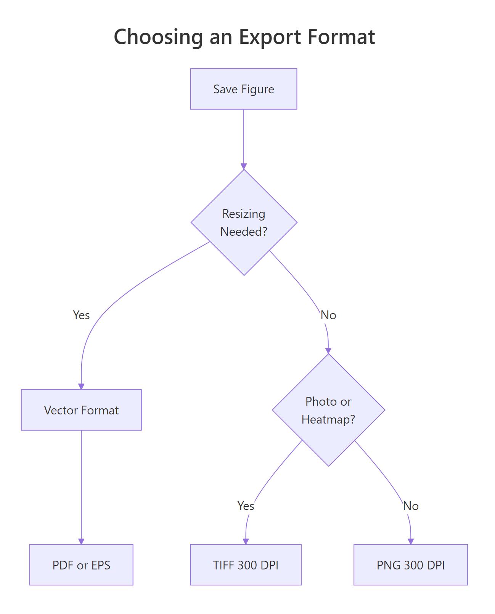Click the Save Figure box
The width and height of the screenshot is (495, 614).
244,89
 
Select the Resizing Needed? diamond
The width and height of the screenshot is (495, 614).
244,222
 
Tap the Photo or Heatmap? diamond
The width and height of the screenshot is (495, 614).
328,410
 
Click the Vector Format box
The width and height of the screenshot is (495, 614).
81,410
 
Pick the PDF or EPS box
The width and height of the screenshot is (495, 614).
81,565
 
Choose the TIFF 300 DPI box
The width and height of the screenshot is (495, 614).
246,565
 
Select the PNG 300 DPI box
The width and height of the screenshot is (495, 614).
411,565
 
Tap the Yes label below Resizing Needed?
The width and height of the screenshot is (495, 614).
81,315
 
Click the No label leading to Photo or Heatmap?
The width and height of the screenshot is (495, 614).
328,315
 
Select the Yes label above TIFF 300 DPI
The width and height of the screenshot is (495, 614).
246,506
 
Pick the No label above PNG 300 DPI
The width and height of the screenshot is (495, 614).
411,506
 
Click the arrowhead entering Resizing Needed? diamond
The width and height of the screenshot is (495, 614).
244,166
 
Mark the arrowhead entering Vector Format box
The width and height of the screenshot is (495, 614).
81,386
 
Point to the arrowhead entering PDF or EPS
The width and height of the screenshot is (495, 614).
81,541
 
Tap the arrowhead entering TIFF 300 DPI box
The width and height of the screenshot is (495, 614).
246,541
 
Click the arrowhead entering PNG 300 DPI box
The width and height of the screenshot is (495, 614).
411,541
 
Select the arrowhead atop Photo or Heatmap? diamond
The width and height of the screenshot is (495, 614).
328,351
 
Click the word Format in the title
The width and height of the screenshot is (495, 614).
341,37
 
